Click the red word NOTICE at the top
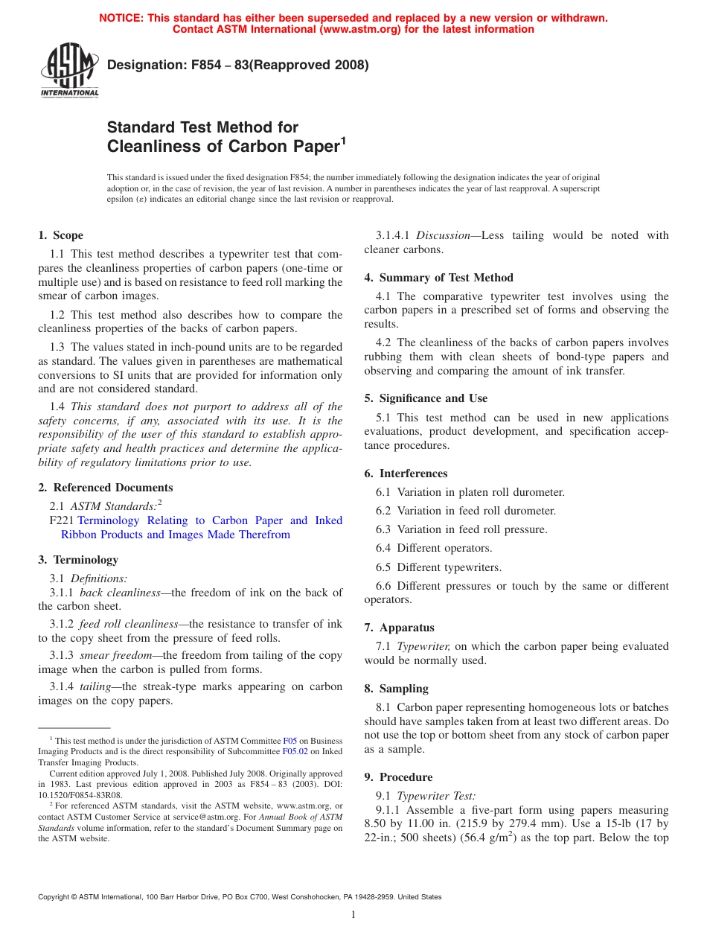(x=123, y=18)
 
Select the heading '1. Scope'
(x=60, y=235)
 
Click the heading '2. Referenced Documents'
(x=105, y=488)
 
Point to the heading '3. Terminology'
(x=77, y=560)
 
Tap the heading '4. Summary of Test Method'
(x=438, y=278)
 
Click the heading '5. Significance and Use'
(x=426, y=398)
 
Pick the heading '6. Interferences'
(x=406, y=473)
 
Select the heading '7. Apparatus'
(x=399, y=628)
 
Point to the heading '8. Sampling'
(x=396, y=689)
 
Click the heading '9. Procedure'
(x=398, y=777)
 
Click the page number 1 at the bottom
(x=353, y=915)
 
